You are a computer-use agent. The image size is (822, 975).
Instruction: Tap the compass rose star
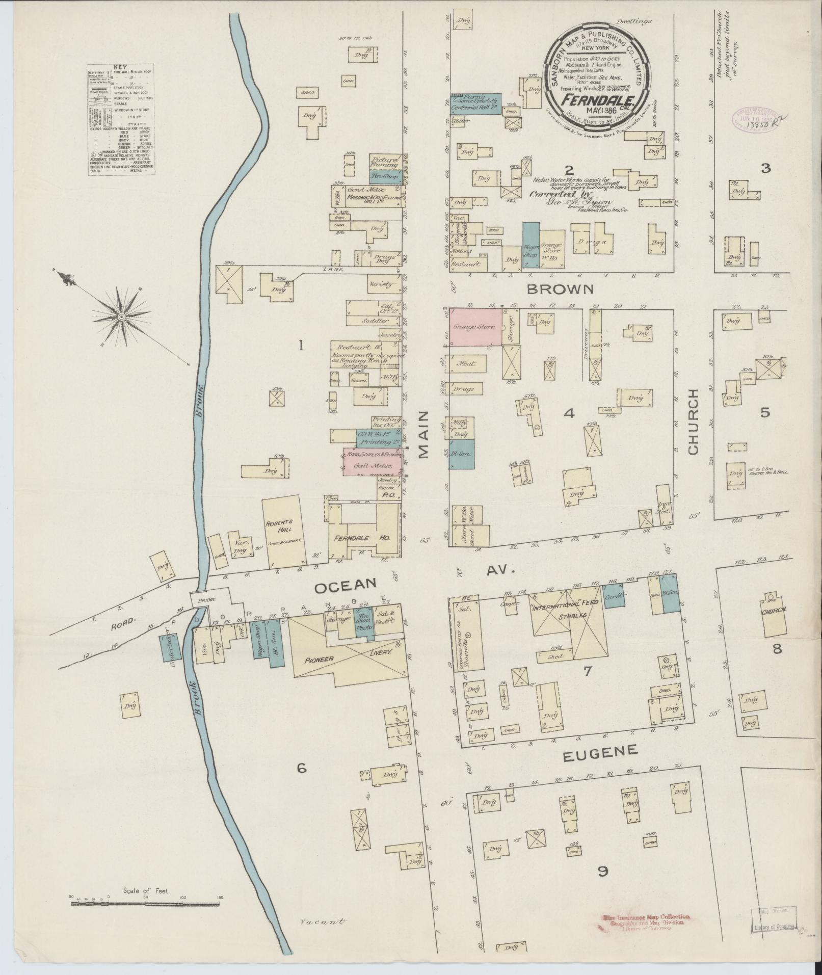(x=121, y=318)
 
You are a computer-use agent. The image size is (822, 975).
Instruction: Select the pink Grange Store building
(x=474, y=327)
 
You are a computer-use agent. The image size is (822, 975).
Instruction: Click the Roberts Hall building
(x=284, y=532)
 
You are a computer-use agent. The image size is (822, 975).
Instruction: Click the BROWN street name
(x=561, y=289)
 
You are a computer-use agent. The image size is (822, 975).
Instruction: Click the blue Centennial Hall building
(x=476, y=103)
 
